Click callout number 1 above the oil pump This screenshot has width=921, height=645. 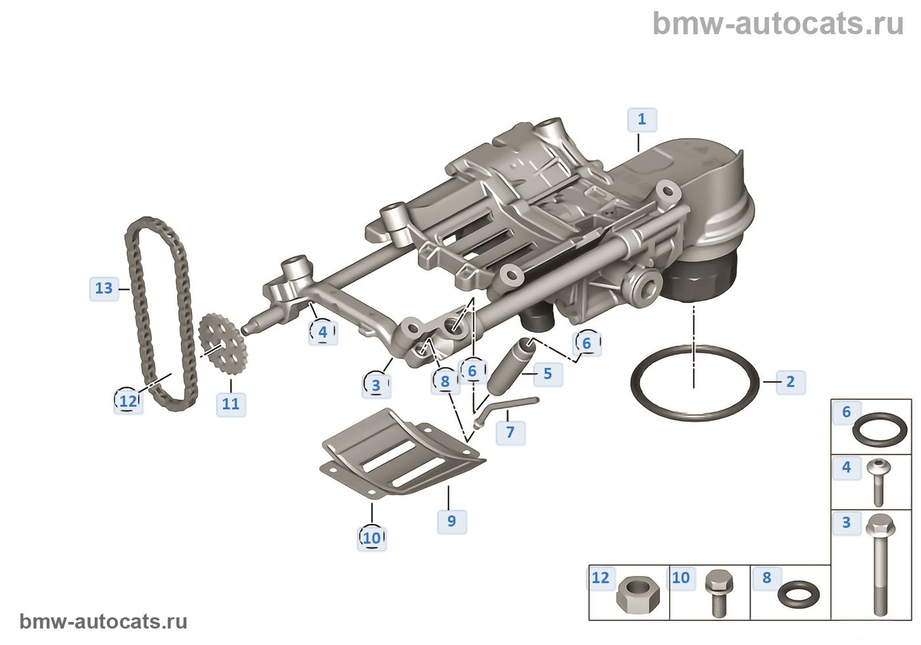(642, 120)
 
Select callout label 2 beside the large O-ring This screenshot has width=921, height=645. (791, 382)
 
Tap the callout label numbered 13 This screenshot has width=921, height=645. (104, 289)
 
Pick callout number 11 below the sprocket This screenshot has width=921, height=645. (231, 404)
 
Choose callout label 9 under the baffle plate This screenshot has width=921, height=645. (452, 521)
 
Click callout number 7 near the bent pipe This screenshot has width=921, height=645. (510, 433)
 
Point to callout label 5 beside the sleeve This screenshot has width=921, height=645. (548, 374)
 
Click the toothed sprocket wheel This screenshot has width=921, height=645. (223, 344)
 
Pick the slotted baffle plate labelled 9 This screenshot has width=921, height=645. (402, 453)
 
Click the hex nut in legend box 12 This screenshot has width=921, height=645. (637, 595)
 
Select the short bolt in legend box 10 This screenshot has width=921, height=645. (718, 594)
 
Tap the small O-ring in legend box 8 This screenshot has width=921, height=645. (799, 595)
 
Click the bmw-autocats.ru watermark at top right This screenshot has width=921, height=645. (778, 23)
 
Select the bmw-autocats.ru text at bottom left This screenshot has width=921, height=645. (104, 621)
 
